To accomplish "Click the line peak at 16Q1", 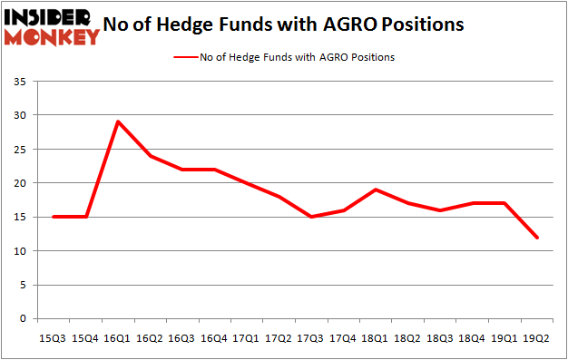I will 118,122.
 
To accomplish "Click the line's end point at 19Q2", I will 537,238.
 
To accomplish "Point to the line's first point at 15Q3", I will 54,217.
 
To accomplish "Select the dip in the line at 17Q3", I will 312,217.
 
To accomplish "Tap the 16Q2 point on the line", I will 151,156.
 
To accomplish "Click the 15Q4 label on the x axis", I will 86,337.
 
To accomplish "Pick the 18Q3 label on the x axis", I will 441,337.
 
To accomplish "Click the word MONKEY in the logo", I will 52,38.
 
